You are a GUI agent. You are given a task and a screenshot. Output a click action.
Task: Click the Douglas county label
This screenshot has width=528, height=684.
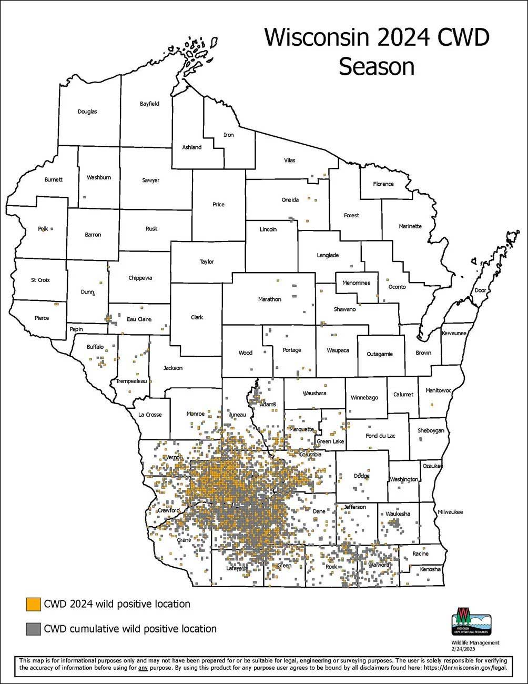point(87,112)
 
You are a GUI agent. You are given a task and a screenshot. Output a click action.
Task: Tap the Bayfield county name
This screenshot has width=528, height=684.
point(149,104)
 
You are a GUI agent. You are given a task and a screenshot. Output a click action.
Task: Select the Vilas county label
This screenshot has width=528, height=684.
point(290,160)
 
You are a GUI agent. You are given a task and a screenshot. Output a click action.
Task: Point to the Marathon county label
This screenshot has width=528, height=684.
point(270,299)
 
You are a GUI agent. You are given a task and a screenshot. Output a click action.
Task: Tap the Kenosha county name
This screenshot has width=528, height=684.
point(430,569)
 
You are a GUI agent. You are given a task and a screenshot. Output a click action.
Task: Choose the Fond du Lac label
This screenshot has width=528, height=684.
point(380,436)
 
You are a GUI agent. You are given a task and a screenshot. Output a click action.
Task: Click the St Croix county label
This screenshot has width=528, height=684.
point(40,280)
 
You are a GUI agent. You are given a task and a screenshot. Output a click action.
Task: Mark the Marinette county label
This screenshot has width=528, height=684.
point(410,226)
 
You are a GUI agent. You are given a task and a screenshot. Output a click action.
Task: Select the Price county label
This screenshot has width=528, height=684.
point(218,205)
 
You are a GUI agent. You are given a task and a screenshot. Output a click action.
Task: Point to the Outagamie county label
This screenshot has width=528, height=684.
point(380,354)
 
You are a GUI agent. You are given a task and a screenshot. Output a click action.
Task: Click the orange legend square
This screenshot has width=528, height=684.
point(33,604)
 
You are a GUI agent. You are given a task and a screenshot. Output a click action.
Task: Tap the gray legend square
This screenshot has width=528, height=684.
point(33,628)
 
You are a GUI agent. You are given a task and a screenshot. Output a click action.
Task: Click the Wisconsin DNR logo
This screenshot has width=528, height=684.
point(472,621)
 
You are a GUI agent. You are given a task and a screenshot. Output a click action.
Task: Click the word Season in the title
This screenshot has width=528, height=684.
point(377,67)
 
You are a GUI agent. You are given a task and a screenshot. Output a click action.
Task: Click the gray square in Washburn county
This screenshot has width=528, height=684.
point(84,197)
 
